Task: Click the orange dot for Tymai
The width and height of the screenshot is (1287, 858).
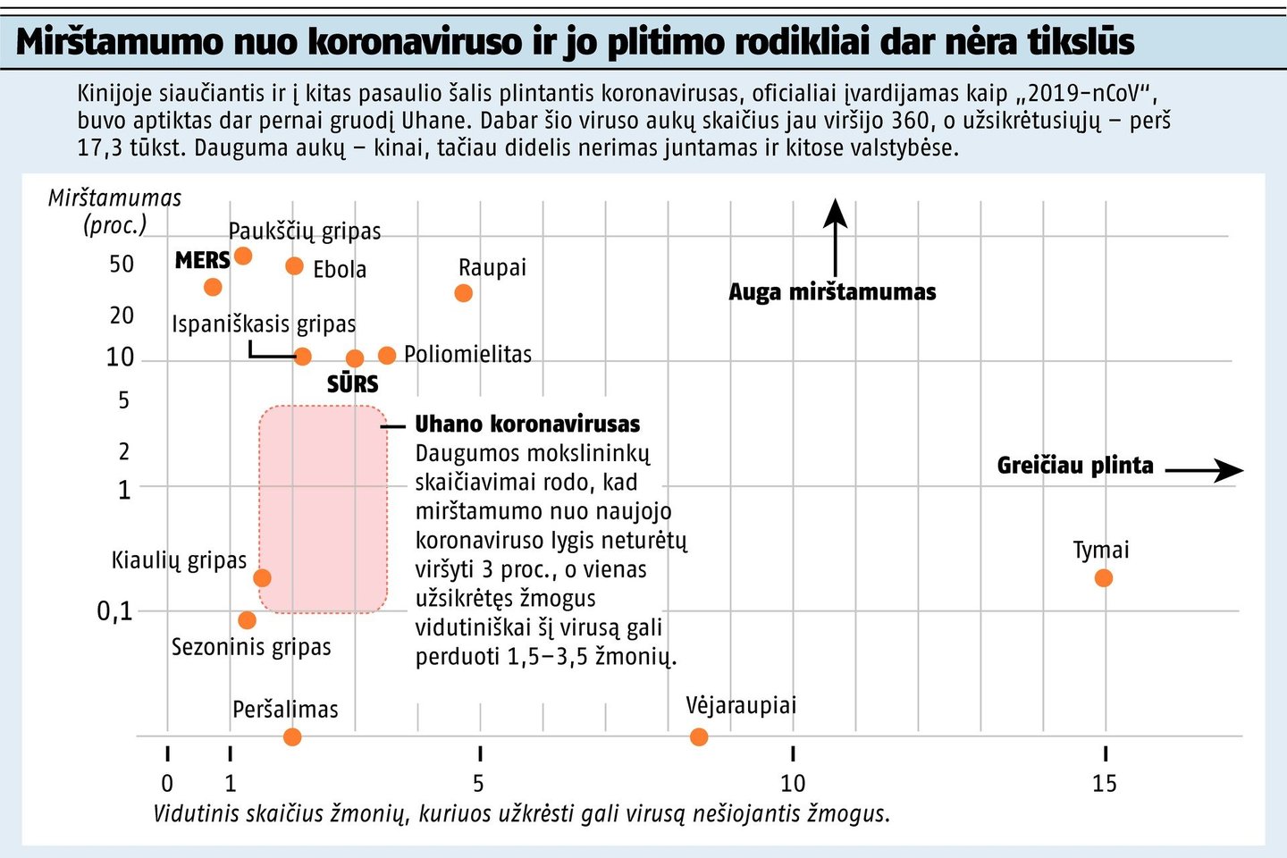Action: [x=1104, y=578]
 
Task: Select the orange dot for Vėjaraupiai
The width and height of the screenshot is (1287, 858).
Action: [x=699, y=737]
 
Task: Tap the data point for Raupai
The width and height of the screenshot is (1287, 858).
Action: [x=463, y=293]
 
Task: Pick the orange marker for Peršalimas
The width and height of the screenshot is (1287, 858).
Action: [x=292, y=737]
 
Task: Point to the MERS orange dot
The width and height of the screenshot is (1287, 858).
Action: [x=213, y=287]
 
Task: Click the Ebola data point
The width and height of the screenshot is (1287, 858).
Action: [x=294, y=266]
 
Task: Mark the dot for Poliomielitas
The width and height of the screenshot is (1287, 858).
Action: [x=387, y=356]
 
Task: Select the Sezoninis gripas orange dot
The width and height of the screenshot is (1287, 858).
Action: [x=248, y=620]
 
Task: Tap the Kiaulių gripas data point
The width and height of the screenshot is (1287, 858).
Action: [x=262, y=578]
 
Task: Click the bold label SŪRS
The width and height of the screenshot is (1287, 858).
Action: [x=353, y=384]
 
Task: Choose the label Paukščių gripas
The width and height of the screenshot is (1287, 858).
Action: [x=305, y=231]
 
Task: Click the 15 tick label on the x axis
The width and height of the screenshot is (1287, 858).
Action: [x=1105, y=784]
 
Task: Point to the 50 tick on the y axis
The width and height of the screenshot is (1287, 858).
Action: [x=122, y=265]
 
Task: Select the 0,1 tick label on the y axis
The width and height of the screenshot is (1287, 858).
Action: [x=114, y=611]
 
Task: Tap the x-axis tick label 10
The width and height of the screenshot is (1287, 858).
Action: [x=793, y=784]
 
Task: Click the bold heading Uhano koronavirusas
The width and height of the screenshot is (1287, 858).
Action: [x=527, y=425]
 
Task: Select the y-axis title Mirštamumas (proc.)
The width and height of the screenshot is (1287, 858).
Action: [x=114, y=211]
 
